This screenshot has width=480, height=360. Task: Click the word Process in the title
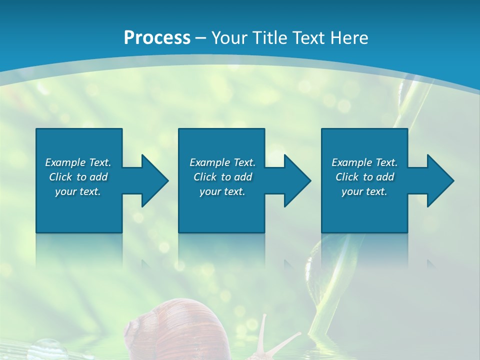pos(157,37)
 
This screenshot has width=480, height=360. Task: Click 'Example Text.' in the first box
pos(78,162)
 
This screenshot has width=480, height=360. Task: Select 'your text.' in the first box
pos(78,191)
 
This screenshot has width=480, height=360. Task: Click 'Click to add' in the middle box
pos(222,177)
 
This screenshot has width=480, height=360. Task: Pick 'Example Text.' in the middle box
pos(222,162)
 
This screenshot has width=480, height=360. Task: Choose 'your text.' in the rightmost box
pos(364,191)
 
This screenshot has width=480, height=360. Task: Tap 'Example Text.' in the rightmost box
pos(364,162)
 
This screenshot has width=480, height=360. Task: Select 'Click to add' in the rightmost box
pos(364,177)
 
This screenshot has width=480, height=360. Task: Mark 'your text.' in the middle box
pos(222,191)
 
